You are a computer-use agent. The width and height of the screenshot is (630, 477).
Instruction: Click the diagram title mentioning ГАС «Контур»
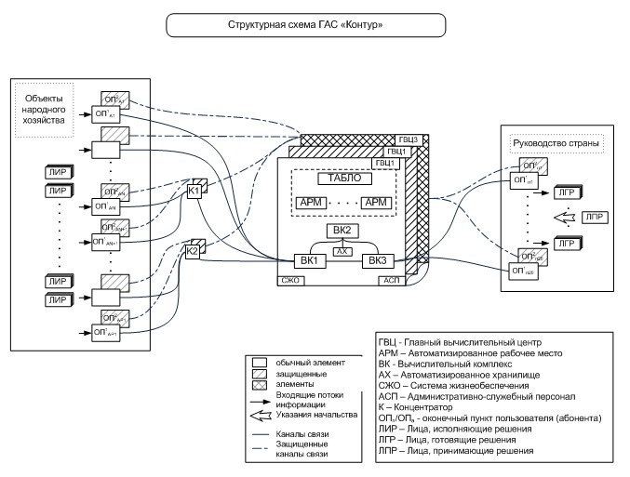[314, 20]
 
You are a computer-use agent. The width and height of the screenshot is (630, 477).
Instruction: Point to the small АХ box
[344, 251]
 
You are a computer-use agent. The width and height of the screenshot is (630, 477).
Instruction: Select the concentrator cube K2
[192, 250]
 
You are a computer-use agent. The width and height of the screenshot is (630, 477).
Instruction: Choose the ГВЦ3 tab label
[410, 139]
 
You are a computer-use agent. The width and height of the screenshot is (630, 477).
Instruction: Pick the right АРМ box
[377, 203]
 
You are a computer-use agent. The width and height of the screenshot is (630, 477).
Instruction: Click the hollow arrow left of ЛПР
[562, 218]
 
